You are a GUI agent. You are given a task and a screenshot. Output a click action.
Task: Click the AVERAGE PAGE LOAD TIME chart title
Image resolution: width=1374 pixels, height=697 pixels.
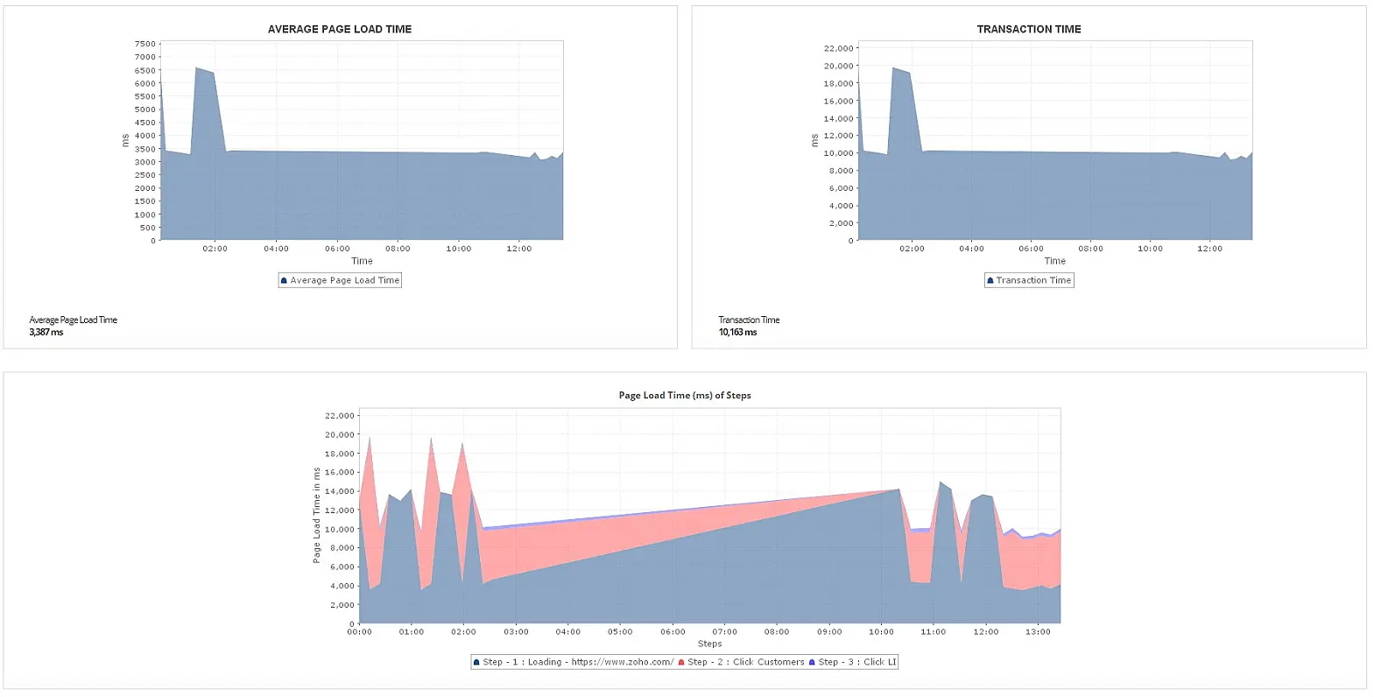340,29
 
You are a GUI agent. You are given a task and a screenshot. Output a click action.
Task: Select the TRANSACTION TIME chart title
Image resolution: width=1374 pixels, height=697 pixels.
1028,29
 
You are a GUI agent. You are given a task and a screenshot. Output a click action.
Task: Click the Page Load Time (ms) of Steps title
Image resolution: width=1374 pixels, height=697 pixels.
685,395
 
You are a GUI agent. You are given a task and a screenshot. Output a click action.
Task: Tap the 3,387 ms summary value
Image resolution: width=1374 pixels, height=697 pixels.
46,332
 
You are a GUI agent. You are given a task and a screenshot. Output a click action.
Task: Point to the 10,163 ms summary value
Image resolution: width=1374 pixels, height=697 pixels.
737,332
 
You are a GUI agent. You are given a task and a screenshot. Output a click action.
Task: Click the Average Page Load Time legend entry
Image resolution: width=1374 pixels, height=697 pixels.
340,280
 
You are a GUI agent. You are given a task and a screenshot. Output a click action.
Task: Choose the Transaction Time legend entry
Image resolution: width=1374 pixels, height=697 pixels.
1029,280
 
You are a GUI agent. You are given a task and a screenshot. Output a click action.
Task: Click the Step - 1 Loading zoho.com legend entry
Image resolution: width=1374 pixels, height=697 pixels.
574,662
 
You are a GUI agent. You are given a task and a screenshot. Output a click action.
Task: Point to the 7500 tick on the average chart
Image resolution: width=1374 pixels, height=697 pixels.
145,44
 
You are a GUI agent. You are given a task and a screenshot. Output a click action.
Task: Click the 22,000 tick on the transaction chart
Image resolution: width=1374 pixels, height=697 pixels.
838,48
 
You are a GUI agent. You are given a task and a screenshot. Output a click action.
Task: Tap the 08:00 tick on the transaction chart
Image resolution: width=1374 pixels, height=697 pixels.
1090,249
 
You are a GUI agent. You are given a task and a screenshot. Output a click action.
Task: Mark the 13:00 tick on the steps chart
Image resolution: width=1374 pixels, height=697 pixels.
1038,631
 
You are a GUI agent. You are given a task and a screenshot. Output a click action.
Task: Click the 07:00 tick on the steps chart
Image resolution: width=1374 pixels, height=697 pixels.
724,631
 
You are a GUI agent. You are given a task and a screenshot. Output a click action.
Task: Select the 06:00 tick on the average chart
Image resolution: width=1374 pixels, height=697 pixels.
337,249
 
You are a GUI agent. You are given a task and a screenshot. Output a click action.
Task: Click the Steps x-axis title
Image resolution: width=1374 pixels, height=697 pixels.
709,644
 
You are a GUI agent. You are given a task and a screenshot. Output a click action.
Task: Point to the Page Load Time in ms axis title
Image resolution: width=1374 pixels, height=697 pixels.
317,515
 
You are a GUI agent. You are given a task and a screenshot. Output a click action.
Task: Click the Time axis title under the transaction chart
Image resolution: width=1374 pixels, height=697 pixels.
1055,261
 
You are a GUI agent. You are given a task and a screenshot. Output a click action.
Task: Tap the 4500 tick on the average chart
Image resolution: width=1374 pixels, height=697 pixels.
145,123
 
